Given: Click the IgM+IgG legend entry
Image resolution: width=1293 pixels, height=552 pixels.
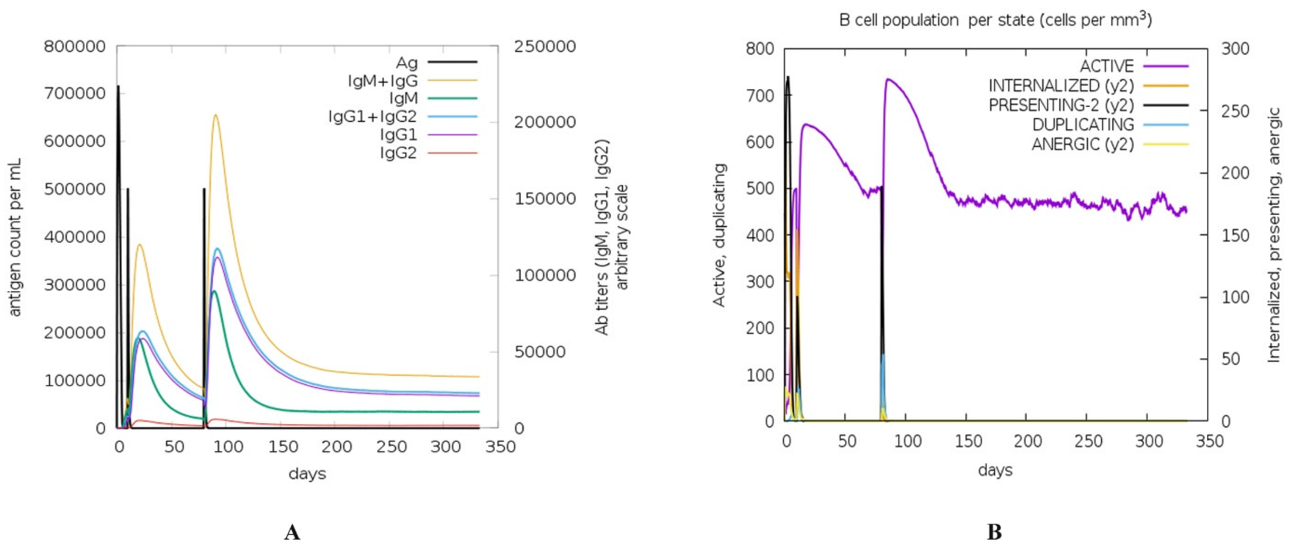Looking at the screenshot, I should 383,80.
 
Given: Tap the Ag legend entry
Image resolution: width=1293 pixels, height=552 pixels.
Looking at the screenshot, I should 407,62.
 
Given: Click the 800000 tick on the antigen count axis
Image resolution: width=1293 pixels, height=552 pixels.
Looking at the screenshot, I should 75,47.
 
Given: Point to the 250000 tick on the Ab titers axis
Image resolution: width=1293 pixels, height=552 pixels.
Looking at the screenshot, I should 545,47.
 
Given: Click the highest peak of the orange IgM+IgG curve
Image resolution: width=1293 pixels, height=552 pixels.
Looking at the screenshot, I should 215,115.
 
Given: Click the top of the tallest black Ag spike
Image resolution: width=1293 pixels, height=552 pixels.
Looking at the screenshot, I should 119,86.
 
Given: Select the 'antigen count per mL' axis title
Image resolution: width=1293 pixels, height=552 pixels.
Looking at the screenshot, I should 16,237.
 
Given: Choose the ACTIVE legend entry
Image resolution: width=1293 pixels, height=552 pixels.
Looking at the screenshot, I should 1107,66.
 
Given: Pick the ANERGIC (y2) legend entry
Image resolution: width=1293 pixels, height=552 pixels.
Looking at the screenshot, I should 1083,144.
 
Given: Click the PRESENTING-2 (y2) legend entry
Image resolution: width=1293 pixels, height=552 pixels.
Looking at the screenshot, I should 1061,105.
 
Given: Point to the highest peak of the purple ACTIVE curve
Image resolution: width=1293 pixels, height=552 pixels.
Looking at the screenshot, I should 888,79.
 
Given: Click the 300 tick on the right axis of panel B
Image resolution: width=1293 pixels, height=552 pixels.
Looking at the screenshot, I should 1235,49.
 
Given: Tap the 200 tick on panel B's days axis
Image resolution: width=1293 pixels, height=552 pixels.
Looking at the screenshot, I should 1027,442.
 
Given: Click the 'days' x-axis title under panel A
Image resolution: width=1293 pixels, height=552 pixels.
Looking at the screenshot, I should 307,473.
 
